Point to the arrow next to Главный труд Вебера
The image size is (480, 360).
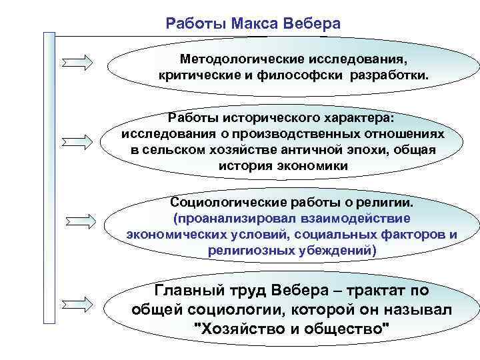[85, 303]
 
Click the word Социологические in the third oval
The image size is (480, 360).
[224, 202]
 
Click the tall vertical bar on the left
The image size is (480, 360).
[49, 187]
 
